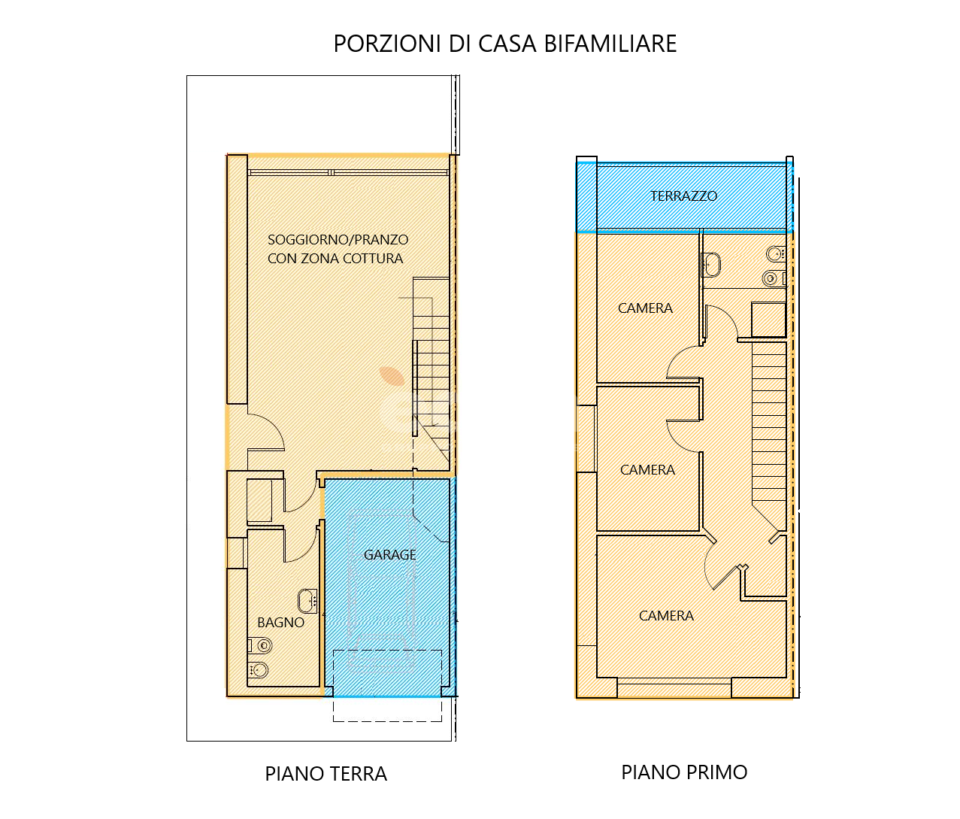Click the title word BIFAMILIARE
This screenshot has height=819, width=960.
pos(610,44)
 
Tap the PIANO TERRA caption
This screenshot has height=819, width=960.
pos(326,774)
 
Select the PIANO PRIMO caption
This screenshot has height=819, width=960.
pos(684,772)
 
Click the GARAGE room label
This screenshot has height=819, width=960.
pos(389,555)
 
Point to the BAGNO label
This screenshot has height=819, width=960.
pos(280,623)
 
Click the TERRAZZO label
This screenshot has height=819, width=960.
pos(683,196)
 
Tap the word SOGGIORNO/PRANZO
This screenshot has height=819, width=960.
pos(338,240)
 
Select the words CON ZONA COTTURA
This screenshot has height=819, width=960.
pos(335,258)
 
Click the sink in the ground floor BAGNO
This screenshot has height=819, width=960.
pos(307,601)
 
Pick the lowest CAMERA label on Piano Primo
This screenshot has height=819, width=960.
pos(666,616)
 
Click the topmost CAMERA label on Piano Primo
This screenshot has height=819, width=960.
pos(645,308)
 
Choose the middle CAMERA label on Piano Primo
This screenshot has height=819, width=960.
pos(647,470)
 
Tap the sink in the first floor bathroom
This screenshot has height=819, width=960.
pos(711,265)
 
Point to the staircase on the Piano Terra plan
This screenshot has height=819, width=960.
pos(431,372)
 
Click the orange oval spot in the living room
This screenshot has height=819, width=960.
pos(392,376)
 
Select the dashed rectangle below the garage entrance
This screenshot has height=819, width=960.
pos(387,686)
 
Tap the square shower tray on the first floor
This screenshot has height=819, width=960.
pos(768,320)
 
